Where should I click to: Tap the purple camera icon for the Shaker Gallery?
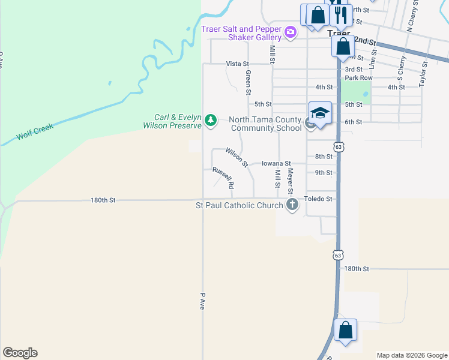pos(291,32)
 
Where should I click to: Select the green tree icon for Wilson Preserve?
pos(211,121)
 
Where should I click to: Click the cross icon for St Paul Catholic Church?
pos(292,206)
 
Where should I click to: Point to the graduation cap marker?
pos(320,113)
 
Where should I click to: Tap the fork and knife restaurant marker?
pos(341,14)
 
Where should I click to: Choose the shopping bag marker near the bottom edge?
pos(345,331)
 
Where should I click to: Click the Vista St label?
pos(238,64)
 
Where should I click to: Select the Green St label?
pos(247,82)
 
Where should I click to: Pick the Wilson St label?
pos(237,156)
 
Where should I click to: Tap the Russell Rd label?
pos(223,178)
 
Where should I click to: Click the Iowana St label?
pos(276,163)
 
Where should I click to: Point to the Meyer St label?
pos(290,181)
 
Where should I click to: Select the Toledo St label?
pos(318,199)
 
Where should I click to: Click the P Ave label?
pos(202,301)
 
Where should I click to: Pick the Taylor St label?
pos(423,71)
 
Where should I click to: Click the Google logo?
pos(20,353)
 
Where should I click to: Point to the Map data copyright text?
pos(411,355)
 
